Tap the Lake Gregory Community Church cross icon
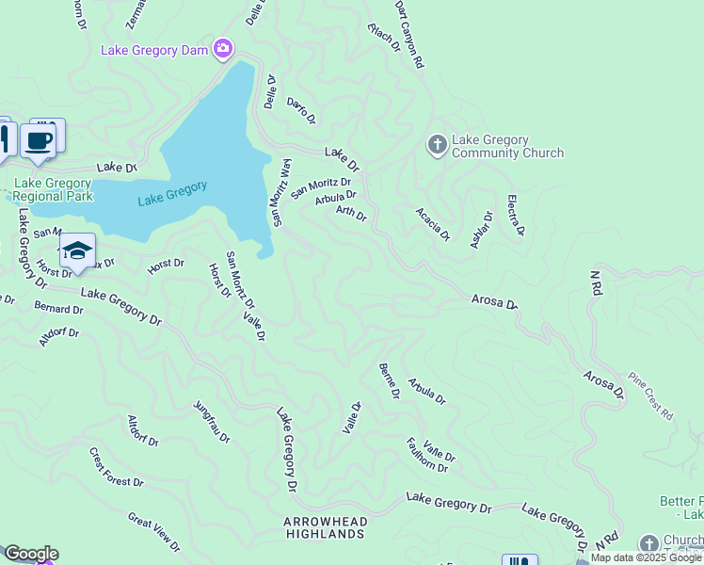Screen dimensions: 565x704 (x=437, y=145)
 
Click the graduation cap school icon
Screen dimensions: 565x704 (x=77, y=250)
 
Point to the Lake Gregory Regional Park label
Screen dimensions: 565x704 (x=53, y=190)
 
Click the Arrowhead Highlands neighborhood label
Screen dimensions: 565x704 (x=325, y=527)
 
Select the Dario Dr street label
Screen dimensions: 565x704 (x=301, y=110)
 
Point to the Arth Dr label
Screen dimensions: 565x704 (x=351, y=215)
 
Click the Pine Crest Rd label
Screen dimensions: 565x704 (x=650, y=395)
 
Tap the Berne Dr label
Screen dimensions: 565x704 (x=389, y=379)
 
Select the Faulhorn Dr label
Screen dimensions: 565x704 (x=430, y=454)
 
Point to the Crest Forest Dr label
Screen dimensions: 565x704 (x=117, y=467)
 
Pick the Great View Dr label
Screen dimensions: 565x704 (x=153, y=531)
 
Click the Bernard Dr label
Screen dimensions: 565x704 (x=58, y=308)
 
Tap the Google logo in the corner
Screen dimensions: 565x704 (x=30, y=554)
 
